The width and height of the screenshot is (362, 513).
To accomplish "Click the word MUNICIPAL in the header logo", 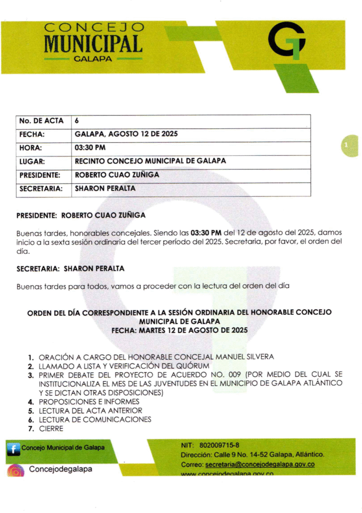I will coord(93,44).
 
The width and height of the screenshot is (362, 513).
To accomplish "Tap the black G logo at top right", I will coord(287,40).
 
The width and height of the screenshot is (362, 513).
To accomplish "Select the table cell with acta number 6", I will coord(77,121).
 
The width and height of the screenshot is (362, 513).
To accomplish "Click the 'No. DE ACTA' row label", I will coord(41,121).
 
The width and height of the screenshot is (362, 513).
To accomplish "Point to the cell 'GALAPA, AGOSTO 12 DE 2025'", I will coord(126,134).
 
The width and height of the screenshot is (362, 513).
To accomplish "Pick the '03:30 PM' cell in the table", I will coord(90,148).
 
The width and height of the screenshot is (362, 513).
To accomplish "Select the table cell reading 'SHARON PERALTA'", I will coord(105,189).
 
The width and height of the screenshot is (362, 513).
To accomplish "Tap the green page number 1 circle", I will coord(347,145).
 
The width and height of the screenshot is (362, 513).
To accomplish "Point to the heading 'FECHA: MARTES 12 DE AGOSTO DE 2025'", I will coord(180,330).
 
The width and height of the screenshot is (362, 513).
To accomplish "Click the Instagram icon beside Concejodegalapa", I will coord(16,470).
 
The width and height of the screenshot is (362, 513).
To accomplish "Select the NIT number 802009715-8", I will coord(219,445).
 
